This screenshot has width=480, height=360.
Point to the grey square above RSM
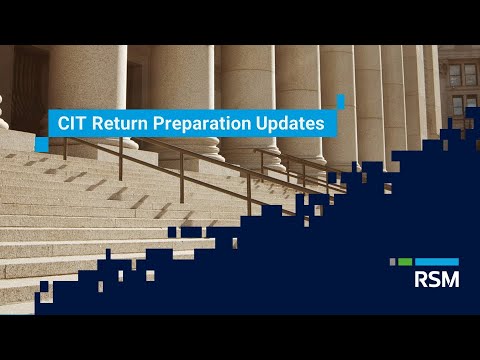[391, 262]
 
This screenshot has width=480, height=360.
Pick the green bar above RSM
[404, 262]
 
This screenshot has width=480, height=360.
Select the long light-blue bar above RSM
[436, 262]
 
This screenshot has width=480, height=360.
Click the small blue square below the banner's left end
[42, 145]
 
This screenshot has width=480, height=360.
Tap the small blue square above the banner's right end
[340, 101]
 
